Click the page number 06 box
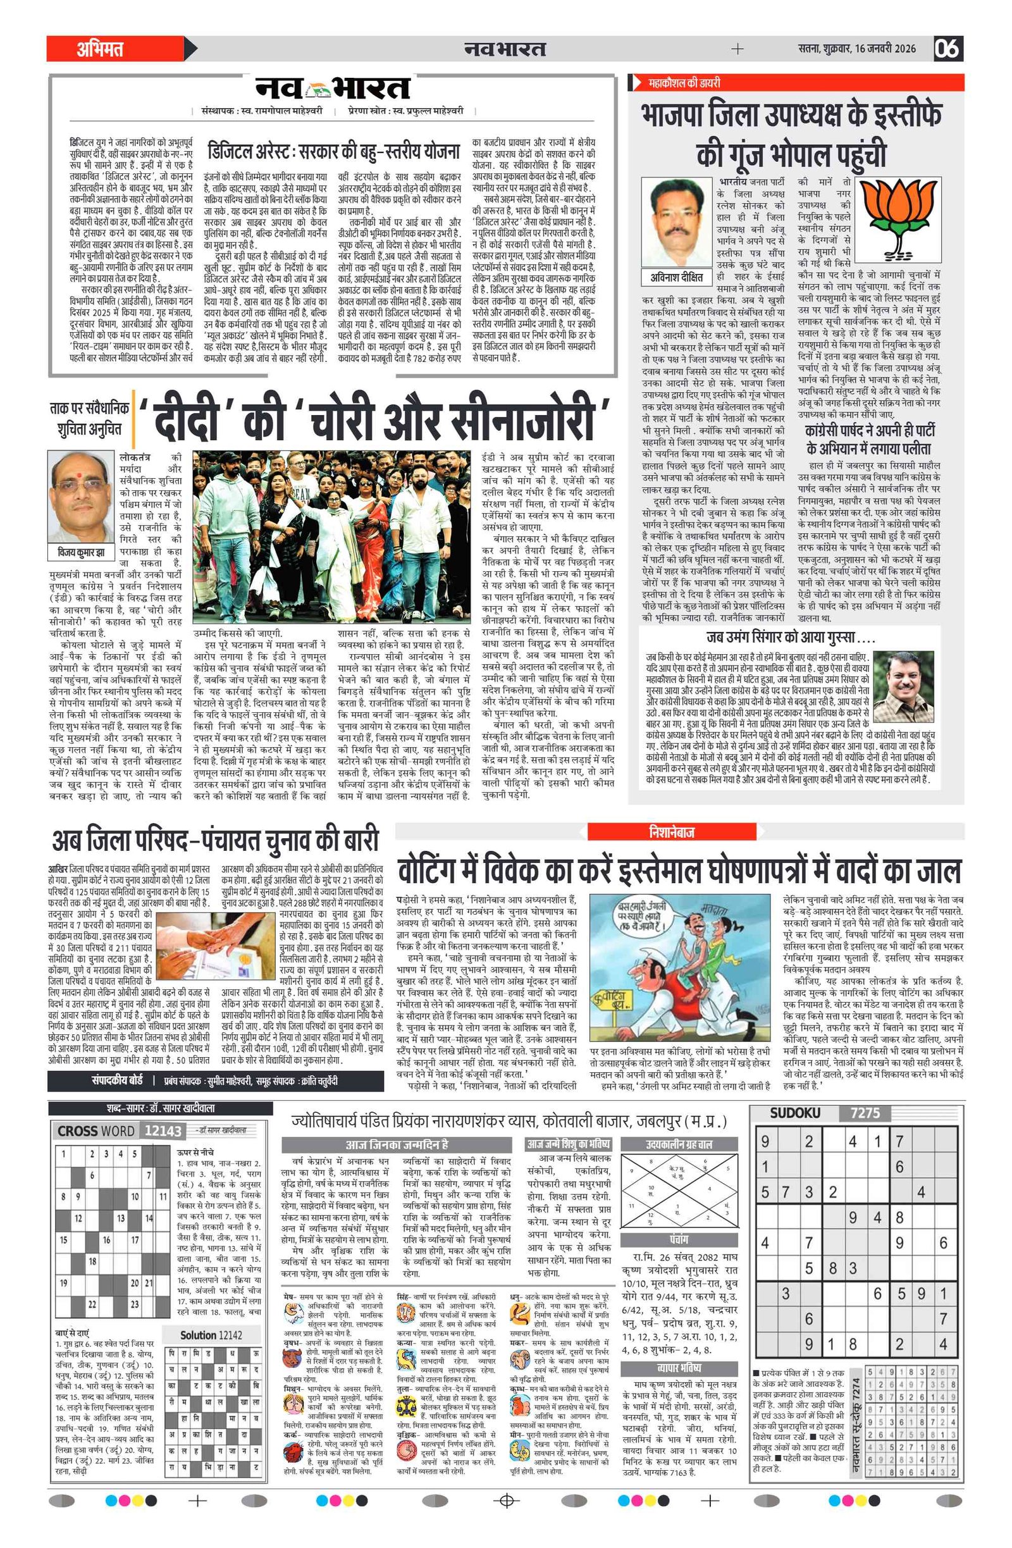coord(947,49)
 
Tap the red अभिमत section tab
coord(100,49)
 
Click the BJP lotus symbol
coord(898,220)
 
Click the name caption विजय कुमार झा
coord(81,552)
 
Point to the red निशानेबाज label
coord(671,832)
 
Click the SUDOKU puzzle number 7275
coord(865,1113)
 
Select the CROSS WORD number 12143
coord(163,1131)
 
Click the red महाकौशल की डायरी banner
coord(684,83)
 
